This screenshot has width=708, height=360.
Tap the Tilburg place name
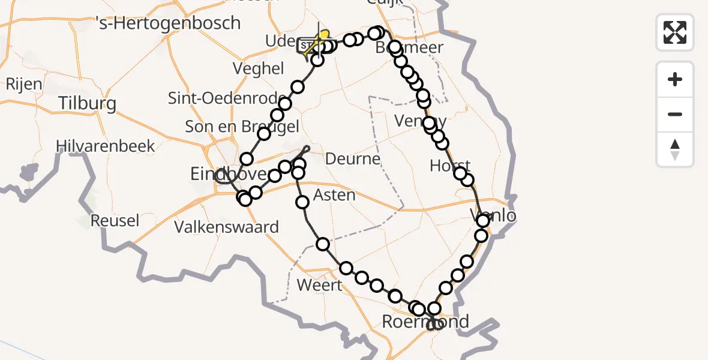pyautogui.click(x=88, y=104)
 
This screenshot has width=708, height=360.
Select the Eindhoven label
pyautogui.click(x=226, y=174)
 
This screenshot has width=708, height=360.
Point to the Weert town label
pyautogui.click(x=319, y=285)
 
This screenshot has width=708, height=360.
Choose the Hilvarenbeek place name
pyautogui.click(x=105, y=146)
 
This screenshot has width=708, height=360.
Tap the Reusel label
pyautogui.click(x=115, y=221)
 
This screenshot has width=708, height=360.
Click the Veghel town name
pyautogui.click(x=259, y=68)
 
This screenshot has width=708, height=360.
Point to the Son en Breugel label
pyautogui.click(x=242, y=127)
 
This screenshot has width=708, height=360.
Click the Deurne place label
pyautogui.click(x=353, y=159)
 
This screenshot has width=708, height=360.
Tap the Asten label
pyautogui.click(x=335, y=195)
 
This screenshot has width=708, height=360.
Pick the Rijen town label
pyautogui.click(x=24, y=83)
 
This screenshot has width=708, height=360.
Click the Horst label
pyautogui.click(x=450, y=166)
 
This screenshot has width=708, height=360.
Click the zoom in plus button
pyautogui.click(x=675, y=79)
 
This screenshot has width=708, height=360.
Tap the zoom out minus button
pyautogui.click(x=675, y=114)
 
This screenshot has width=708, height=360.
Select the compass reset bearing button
pyautogui.click(x=675, y=149)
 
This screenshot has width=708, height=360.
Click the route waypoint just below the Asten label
pyautogui.click(x=302, y=202)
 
